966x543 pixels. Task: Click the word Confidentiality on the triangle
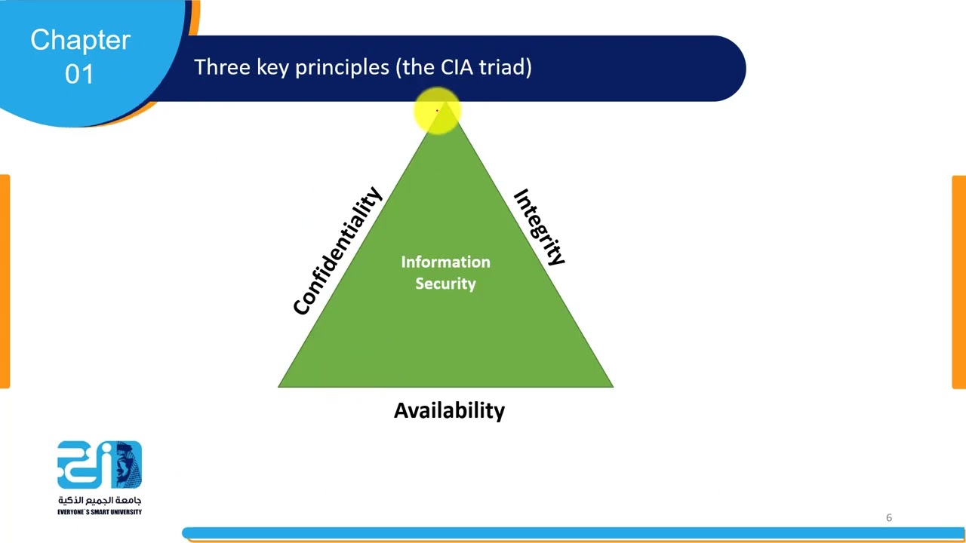(337, 251)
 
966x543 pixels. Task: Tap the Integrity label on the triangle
(539, 227)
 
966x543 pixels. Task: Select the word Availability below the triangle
(449, 410)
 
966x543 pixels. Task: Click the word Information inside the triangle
(445, 262)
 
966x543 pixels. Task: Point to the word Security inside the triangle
(445, 284)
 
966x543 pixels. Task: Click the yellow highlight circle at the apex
(437, 111)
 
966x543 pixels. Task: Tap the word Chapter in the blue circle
(80, 40)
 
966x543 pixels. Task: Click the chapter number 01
(79, 74)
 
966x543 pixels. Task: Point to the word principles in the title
(341, 68)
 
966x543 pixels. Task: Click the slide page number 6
(889, 517)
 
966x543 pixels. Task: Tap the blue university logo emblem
(100, 465)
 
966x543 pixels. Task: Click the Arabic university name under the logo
(100, 500)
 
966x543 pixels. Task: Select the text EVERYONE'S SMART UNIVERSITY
(100, 512)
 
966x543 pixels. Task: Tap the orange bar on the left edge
(5, 281)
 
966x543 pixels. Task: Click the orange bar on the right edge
(959, 281)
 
